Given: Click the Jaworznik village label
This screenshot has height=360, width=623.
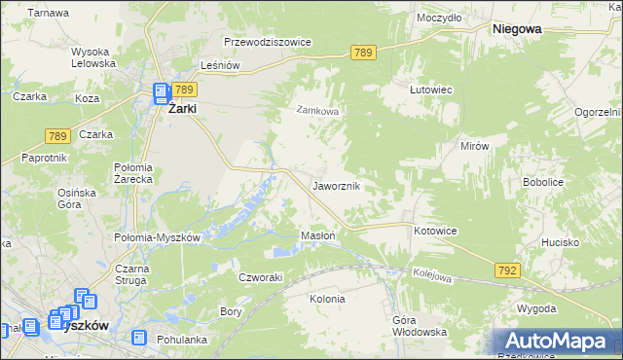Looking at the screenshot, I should [x=338, y=185].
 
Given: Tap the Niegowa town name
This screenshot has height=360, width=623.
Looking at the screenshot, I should [x=517, y=29].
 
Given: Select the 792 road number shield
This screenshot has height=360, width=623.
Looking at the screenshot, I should [x=506, y=269].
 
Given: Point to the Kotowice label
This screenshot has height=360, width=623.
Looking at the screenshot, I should [x=435, y=231].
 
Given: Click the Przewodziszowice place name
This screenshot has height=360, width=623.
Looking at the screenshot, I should [x=267, y=43].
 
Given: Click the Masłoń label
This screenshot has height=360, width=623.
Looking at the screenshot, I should [x=318, y=235].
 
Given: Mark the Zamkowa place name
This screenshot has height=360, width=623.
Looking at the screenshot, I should [x=317, y=111].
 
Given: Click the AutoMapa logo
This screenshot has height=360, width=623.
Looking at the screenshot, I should [x=556, y=342].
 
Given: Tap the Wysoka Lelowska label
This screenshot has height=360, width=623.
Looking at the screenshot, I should [x=93, y=56].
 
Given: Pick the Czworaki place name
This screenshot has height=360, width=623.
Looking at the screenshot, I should [x=261, y=276].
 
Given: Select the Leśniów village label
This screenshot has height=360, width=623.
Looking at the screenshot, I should [x=219, y=65].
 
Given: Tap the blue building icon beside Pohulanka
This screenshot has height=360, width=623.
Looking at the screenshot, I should [x=139, y=338].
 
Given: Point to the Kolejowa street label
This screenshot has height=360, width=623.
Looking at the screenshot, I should [x=432, y=276].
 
